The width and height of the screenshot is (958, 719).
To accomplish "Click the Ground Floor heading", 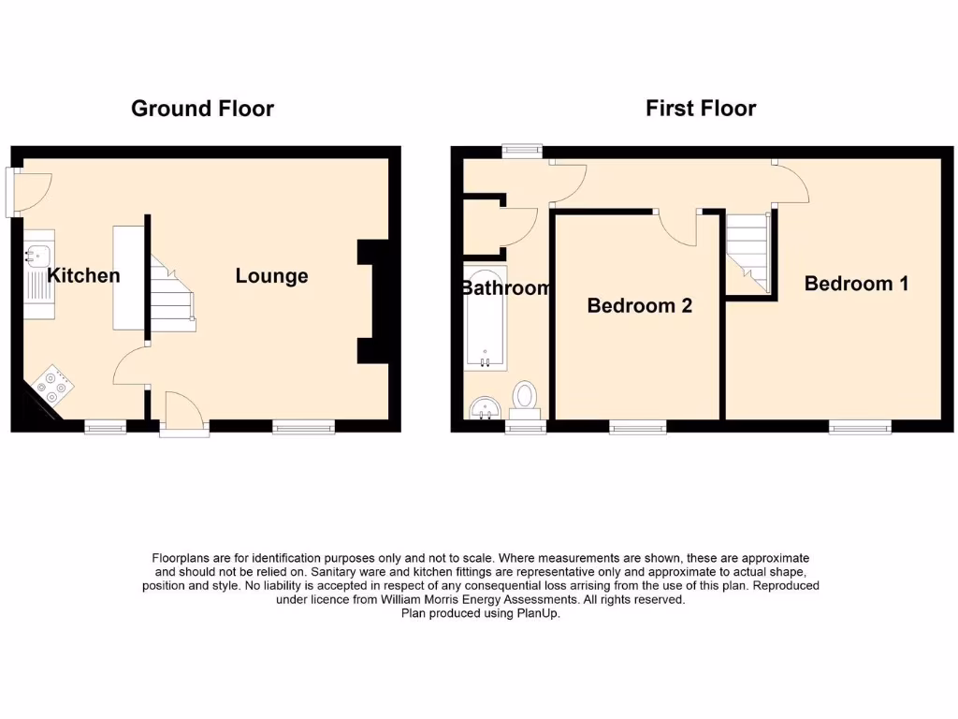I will coord(202,109).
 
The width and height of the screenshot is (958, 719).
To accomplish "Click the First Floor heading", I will coord(701,109).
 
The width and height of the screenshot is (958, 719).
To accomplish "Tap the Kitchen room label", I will coord(83,275).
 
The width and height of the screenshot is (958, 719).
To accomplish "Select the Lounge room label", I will coord(271,276).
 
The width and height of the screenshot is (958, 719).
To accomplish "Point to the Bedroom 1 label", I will coord(856,284).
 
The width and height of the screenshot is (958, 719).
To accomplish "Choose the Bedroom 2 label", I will coord(639,305).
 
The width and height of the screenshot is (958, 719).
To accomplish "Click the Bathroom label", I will coord(505,288).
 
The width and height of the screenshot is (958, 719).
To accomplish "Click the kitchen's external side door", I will coord(27,191).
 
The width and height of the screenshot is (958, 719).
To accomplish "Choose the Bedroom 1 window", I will coord(859,427).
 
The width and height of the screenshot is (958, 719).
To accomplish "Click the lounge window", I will coord(303,427).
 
